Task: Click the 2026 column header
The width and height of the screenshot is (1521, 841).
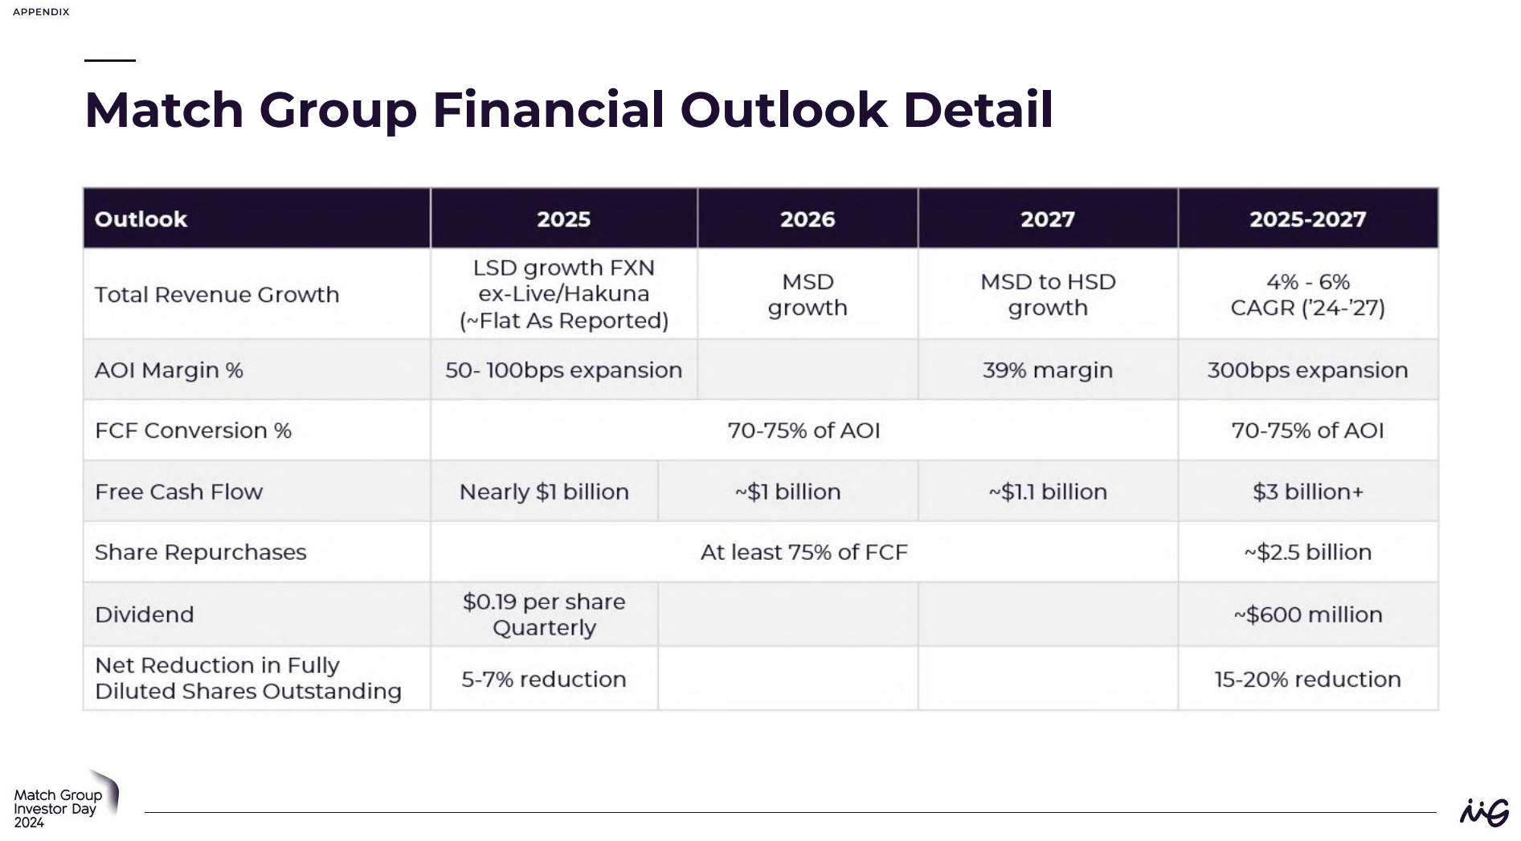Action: pos(808,219)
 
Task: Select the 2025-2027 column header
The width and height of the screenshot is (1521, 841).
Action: pos(1307,219)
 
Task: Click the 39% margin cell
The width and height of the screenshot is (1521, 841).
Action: pos(1047,370)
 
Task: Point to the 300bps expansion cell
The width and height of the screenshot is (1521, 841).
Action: pos(1307,370)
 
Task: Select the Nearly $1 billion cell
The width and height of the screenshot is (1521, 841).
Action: pos(544,492)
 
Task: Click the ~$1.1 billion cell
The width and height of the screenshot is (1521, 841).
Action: pos(1047,492)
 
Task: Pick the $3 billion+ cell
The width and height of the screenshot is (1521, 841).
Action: pos(1307,492)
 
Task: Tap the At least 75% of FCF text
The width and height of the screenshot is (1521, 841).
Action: pos(803,553)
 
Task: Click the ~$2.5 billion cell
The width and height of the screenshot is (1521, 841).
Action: pos(1307,553)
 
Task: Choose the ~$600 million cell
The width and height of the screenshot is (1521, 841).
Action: pos(1307,614)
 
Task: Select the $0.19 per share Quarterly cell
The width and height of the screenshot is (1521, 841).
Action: pos(544,614)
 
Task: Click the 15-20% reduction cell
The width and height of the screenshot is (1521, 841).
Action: pos(1307,680)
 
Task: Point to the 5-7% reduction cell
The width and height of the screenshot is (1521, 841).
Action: pos(544,680)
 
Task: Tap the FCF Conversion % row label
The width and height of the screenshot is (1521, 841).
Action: pos(193,431)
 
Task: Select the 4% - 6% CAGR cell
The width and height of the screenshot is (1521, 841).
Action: pos(1307,295)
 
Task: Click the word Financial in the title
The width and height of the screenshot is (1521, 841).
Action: pos(548,110)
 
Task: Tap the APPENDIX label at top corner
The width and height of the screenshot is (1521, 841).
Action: pos(41,12)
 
